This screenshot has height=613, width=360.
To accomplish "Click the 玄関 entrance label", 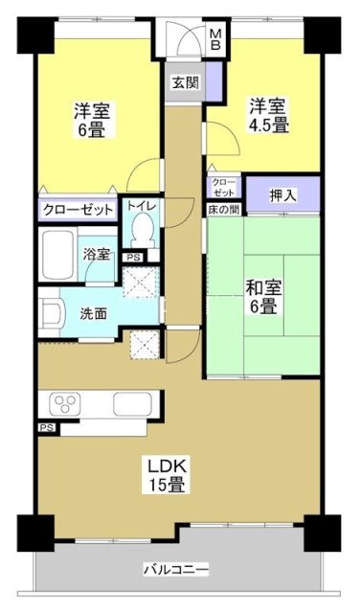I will point(185,82).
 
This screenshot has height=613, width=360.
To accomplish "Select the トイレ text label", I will point(142,206).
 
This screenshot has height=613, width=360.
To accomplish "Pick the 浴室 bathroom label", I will point(96,255).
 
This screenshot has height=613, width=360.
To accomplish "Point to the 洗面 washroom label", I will point(93,312).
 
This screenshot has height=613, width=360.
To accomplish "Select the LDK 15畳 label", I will point(165,475).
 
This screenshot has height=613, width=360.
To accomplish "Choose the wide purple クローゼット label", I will point(79,209).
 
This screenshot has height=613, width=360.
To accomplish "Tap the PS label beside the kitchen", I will point(46,428).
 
